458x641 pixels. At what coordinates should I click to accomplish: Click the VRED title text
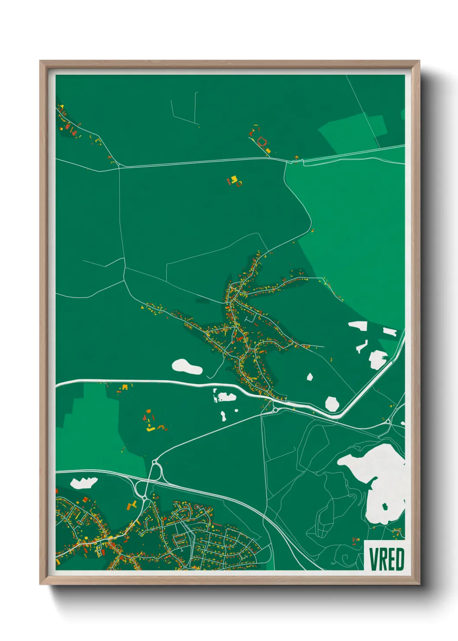[386, 559]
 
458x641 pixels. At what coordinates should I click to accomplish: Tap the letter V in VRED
[373, 559]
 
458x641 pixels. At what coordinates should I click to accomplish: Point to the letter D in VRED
[399, 559]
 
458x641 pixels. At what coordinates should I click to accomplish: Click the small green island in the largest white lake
[384, 505]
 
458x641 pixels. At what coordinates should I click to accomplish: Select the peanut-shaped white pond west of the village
[187, 367]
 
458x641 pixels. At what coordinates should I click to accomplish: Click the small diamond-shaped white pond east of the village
[310, 377]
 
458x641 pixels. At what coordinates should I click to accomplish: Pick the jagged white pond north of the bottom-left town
[84, 482]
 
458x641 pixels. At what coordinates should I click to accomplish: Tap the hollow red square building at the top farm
[261, 141]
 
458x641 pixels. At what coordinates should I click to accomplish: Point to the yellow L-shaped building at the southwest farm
[149, 429]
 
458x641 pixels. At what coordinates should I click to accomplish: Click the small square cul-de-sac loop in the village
[249, 319]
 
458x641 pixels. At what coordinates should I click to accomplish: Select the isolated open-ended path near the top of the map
[185, 110]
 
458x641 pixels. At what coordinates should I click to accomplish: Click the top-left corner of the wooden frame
[41, 62]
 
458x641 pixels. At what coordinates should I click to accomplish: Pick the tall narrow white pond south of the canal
[223, 416]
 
